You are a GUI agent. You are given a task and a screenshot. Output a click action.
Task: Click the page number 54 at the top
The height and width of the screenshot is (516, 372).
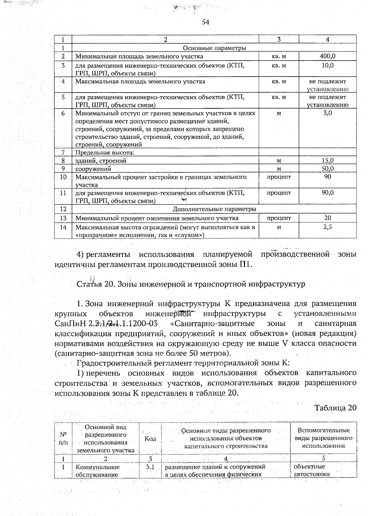point(206,22)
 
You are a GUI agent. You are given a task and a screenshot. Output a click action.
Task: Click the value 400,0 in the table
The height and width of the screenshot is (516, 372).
point(327,56)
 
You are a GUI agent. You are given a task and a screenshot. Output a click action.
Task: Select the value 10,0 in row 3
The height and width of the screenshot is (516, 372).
point(327,65)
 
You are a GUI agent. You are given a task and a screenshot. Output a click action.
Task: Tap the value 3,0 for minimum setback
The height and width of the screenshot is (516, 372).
point(327,113)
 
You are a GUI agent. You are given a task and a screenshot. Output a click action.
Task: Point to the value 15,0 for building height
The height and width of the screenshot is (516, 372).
point(327,161)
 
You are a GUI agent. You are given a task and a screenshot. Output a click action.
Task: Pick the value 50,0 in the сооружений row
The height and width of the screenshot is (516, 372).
point(327,169)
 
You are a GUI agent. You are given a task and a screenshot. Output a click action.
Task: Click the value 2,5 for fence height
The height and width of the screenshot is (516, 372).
point(327,227)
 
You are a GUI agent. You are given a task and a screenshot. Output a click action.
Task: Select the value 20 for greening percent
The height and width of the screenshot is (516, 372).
point(327,218)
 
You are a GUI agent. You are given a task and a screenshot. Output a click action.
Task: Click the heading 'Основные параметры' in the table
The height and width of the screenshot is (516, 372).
point(214,48)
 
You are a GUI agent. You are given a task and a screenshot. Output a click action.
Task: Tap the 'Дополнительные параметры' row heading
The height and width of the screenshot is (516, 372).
point(214,209)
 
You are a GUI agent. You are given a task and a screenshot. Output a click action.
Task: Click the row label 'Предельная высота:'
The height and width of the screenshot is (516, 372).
point(105,153)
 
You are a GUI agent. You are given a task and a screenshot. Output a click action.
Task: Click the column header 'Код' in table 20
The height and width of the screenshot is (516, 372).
point(150,438)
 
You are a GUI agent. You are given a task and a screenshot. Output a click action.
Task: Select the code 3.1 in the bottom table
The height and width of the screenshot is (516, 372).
point(150,467)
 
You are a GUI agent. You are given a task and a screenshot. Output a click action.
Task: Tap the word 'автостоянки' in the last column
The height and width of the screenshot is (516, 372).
point(312,474)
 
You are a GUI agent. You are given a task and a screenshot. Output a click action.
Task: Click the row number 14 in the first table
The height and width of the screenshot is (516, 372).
point(63,227)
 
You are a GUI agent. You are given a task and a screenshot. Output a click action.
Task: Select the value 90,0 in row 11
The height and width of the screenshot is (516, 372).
point(327,193)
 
